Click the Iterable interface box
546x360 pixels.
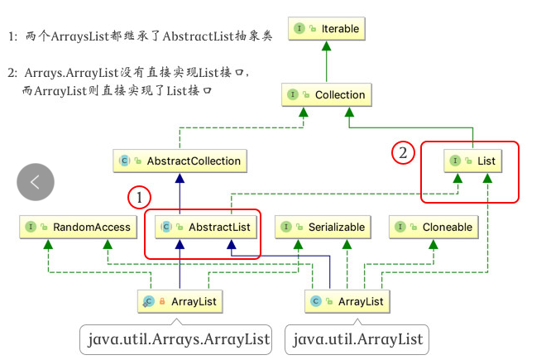(327, 29)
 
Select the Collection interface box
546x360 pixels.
(327, 95)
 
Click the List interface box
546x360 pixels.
(472, 161)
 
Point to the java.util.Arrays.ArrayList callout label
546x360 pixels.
(179, 338)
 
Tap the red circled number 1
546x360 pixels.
(140, 198)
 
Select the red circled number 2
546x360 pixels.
(403, 152)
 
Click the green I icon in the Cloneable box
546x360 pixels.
(401, 226)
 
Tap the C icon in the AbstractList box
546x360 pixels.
(165, 226)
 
